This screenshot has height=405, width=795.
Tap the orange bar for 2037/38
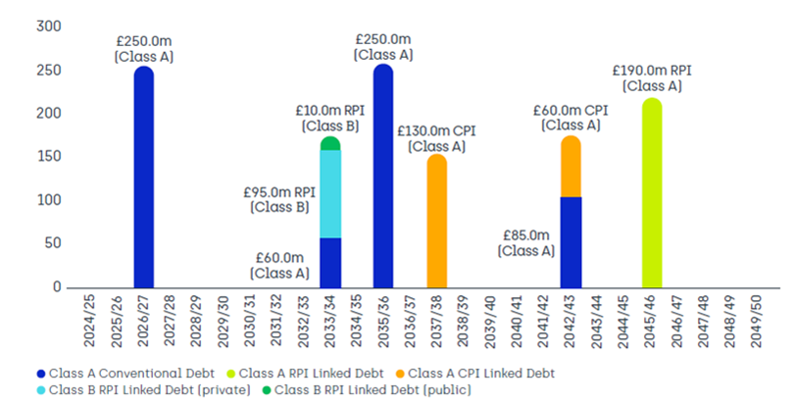pyautogui.click(x=436, y=222)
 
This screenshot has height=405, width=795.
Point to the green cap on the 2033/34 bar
pyautogui.click(x=330, y=144)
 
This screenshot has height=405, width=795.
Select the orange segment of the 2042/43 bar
pyautogui.click(x=571, y=167)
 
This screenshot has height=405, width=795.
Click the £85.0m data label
pyautogui.click(x=525, y=242)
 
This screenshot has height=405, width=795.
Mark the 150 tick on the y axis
pyautogui.click(x=48, y=157)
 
